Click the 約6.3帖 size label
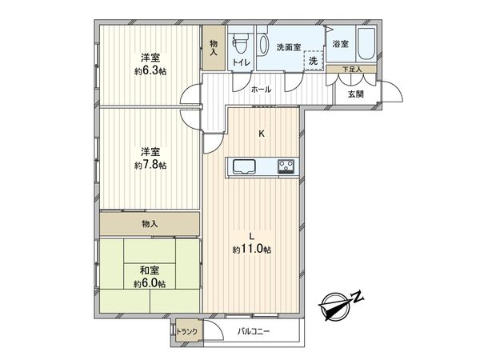coord(149,71)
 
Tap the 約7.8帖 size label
coord(149,165)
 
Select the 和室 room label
coord(149,271)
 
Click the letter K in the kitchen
coord(261,134)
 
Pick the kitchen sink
coord(243,166)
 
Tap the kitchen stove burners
coord(286,166)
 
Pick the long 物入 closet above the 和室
coord(149,223)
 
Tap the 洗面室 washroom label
coord(289,46)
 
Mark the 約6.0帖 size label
coord(149,284)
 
